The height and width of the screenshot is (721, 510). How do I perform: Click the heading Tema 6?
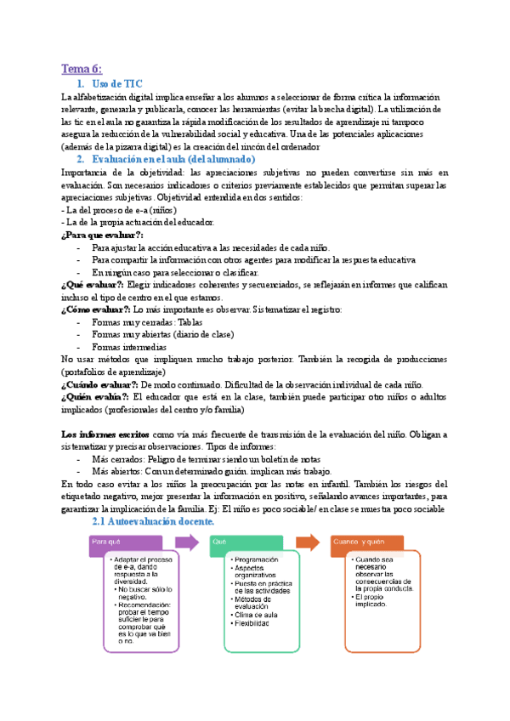[82, 68]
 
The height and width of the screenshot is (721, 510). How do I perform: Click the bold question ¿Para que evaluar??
[103, 235]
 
